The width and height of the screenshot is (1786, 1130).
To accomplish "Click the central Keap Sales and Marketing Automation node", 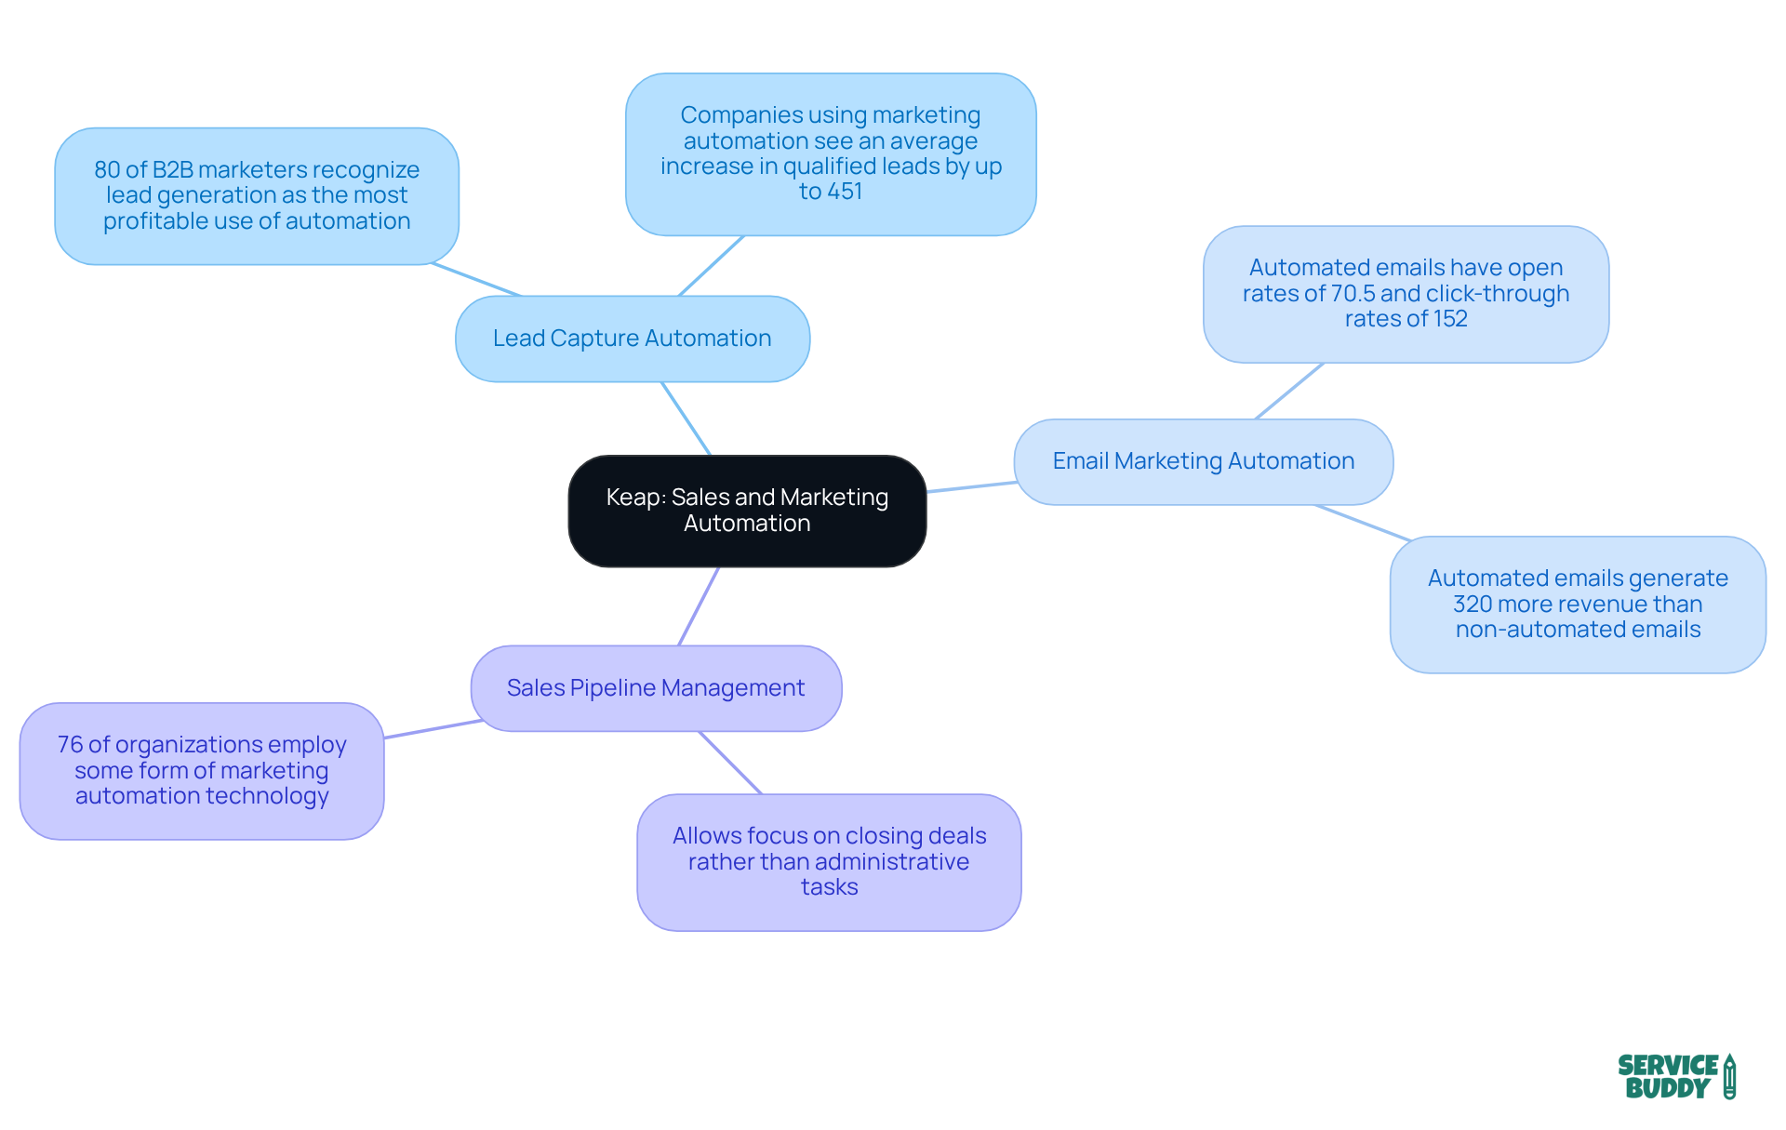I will tap(747, 511).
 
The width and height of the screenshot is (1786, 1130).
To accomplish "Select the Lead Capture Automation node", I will tap(632, 339).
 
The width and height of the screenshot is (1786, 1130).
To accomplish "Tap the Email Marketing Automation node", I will tap(1203, 461).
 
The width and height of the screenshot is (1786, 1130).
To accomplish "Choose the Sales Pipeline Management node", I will tap(656, 688).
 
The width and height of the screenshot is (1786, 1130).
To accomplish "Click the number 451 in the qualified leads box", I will tap(844, 192).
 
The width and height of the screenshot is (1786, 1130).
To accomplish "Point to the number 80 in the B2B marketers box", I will tap(107, 170).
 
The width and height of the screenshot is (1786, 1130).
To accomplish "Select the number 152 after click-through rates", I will tap(1450, 319).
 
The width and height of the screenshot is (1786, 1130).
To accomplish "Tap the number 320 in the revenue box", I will tap(1473, 605).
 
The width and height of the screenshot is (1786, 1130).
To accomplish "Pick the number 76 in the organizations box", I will tap(70, 745).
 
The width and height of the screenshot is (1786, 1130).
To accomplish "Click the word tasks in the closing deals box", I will tap(829, 887).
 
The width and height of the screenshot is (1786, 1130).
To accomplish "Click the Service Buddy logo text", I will tap(1667, 1077).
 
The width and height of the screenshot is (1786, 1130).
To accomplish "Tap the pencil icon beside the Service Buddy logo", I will tap(1729, 1076).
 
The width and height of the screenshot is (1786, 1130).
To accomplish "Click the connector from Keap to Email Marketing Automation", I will tap(971, 487).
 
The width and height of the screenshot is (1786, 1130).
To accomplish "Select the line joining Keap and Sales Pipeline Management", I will tap(699, 606).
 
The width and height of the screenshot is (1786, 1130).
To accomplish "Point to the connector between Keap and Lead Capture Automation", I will tap(686, 419).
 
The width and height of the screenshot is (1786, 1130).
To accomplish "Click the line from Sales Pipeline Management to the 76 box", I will tap(433, 729).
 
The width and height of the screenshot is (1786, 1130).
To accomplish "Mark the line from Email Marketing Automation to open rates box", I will tap(1289, 391).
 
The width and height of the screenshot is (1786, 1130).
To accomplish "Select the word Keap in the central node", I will tap(633, 498).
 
